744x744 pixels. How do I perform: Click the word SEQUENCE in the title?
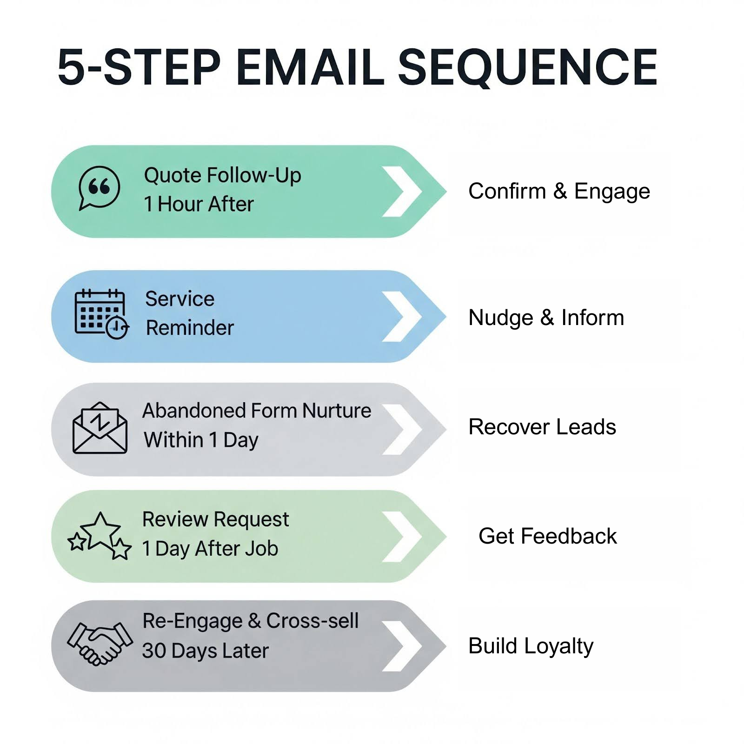[x=528, y=67]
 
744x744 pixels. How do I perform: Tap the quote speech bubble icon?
[x=99, y=188]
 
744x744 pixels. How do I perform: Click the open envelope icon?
[x=100, y=428]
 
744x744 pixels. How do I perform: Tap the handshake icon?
[x=100, y=644]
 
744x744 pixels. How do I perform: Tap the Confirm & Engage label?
[x=559, y=191]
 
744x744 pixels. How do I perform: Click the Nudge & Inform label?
[x=546, y=318]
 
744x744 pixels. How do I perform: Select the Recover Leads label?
[x=542, y=427]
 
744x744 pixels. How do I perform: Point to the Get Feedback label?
[x=547, y=536]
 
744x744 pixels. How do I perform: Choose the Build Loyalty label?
[x=531, y=646]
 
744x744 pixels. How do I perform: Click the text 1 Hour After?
[x=199, y=204]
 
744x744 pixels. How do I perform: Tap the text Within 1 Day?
[x=201, y=440]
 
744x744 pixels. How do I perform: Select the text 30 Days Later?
[x=206, y=651]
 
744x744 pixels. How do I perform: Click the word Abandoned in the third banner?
[x=194, y=411]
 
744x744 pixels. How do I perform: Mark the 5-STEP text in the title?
[x=139, y=67]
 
